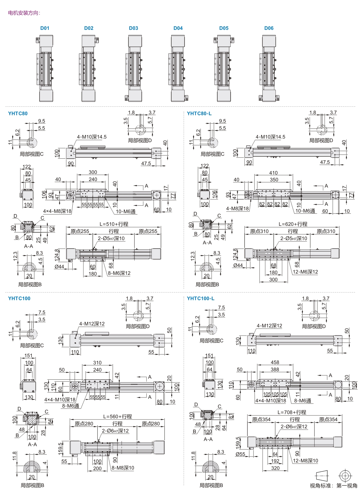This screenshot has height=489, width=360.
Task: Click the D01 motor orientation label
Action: (x=45, y=28)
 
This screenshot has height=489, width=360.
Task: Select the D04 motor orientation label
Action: (x=178, y=28)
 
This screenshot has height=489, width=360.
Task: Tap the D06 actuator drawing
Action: (x=269, y=68)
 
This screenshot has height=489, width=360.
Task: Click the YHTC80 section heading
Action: (x=18, y=114)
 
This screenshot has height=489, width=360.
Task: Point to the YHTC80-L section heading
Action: (x=199, y=114)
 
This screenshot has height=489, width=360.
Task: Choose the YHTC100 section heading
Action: (x=19, y=299)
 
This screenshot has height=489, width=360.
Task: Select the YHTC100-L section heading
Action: (x=200, y=299)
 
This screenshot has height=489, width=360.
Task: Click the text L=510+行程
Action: (x=114, y=224)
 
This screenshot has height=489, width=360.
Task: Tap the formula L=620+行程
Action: (x=293, y=224)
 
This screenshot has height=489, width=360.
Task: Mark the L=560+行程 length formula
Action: (x=117, y=417)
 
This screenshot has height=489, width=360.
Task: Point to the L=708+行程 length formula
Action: (x=292, y=412)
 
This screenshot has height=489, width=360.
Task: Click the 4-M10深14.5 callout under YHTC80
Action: (x=92, y=137)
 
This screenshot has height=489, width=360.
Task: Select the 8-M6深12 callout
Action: (x=119, y=273)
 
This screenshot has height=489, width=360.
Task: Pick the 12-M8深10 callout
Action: (x=305, y=461)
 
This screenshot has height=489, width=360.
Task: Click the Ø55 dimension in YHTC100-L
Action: (x=240, y=454)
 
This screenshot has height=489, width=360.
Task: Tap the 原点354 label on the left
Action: (x=261, y=420)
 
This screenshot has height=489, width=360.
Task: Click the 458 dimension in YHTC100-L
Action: (x=275, y=362)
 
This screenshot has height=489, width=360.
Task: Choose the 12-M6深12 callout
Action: (x=305, y=272)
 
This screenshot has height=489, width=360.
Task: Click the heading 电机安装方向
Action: (x=24, y=13)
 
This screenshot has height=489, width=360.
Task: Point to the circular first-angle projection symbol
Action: (x=345, y=476)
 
